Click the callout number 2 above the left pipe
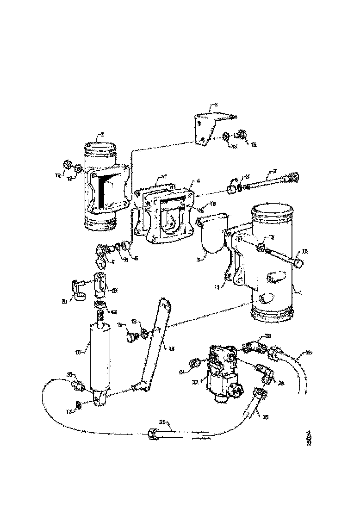pyautogui.click(x=102, y=135)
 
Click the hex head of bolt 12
pyautogui.click(x=298, y=263)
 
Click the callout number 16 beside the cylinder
pyautogui.click(x=78, y=352)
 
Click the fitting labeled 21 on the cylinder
pyautogui.click(x=76, y=384)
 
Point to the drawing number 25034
pyautogui.click(x=310, y=439)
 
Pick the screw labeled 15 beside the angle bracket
pyautogui.click(x=240, y=135)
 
